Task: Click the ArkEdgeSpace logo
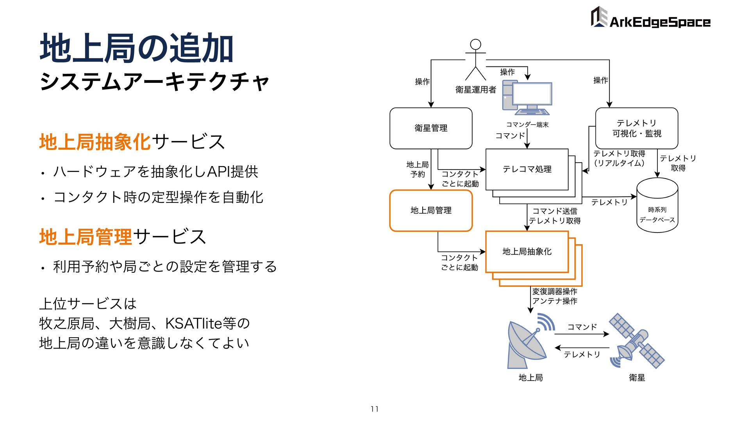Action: [x=650, y=18]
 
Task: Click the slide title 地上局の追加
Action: [x=137, y=48]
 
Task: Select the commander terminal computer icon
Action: [x=527, y=98]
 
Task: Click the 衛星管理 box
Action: [x=431, y=128]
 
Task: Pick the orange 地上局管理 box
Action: [x=431, y=211]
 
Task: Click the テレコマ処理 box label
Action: [x=527, y=169]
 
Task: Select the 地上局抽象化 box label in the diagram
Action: [x=527, y=252]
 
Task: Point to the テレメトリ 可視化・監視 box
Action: [x=636, y=128]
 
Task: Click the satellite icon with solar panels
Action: [x=637, y=340]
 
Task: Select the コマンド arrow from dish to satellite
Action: [x=582, y=334]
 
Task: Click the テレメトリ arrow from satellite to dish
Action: [x=582, y=348]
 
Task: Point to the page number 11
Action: [x=375, y=409]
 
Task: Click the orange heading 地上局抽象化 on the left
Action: [x=95, y=142]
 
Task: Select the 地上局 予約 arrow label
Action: [x=417, y=170]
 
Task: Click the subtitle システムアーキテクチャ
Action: [x=155, y=81]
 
